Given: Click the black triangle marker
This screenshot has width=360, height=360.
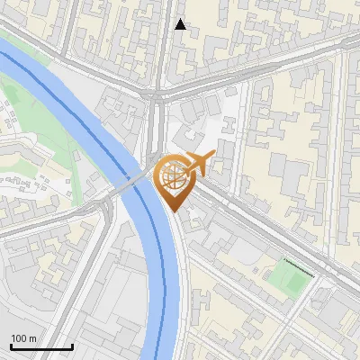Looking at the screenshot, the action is coord(181,24).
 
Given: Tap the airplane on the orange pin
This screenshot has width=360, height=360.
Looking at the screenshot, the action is coord(197,163).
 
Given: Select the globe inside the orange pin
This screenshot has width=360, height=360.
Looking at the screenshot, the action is coord(172,175).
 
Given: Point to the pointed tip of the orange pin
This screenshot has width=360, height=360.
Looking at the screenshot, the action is coord(173,211).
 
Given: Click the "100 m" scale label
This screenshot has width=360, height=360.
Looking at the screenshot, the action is coord(24,338).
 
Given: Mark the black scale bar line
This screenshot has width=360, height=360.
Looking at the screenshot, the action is coord(41,347).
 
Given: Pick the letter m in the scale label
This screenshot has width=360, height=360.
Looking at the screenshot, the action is coord(33,338).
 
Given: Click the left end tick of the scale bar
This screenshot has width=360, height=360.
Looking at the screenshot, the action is coord(11,346).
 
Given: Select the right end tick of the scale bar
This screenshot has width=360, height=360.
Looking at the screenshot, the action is coord(72,346).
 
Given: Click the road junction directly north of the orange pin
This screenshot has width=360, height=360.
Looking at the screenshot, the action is coord(157,94).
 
